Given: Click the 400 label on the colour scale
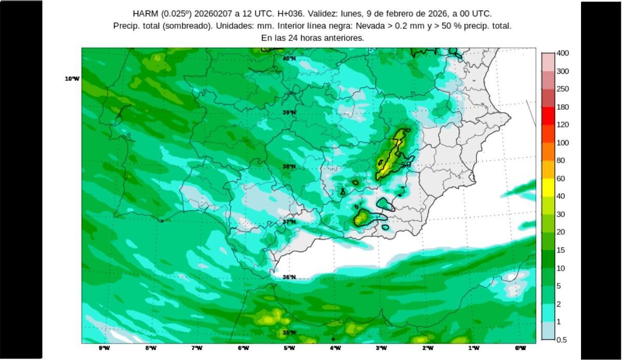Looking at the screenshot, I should tap(562, 53).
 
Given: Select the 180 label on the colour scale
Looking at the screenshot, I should tap(562, 107).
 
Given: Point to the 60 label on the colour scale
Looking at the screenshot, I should tap(561, 179).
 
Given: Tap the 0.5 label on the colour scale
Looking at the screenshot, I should tap(561, 340).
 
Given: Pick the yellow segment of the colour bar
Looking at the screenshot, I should tap(548, 187).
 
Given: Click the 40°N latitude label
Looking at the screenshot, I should tap(289, 59).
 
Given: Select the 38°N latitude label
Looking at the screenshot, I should tap(289, 167).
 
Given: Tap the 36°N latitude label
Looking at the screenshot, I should tap(289, 278).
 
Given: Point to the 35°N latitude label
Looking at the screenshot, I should tap(289, 333).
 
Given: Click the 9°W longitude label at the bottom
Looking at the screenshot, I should tap(105, 348).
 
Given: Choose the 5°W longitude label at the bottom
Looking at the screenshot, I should tap(289, 348).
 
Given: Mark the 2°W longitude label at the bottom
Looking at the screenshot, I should tap(428, 348).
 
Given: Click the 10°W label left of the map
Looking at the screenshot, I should tap(73, 79).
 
